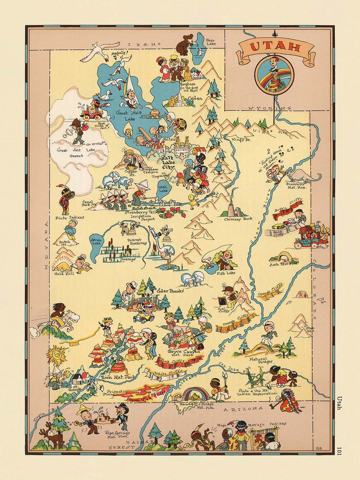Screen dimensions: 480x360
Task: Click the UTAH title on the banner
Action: coord(275,47)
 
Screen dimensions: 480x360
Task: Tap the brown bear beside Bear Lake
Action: coord(184,45)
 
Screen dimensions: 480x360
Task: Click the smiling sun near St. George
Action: coord(56,354)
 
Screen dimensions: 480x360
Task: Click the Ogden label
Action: coord(196,98)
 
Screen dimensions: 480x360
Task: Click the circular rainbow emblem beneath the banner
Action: coord(274,74)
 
